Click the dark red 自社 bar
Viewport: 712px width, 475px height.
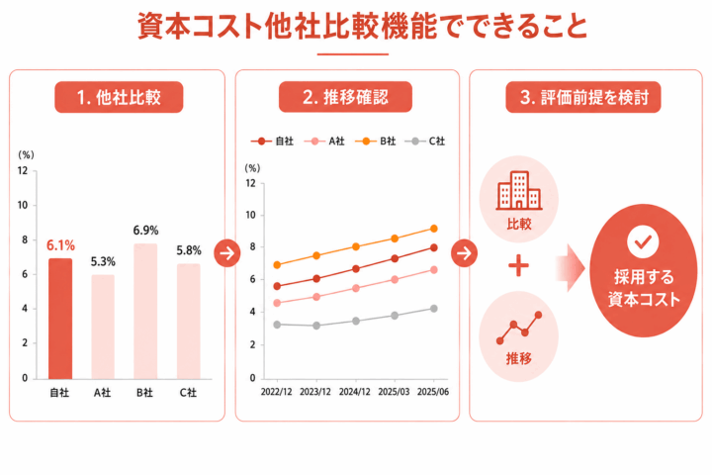point(60,319)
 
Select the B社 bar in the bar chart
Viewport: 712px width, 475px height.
point(145,312)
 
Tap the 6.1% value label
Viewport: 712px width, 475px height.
point(61,245)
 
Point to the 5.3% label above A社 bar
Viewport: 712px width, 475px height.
point(103,261)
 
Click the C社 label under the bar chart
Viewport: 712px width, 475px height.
point(188,392)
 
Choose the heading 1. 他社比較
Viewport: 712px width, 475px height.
point(119,97)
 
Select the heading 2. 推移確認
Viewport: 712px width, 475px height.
point(345,97)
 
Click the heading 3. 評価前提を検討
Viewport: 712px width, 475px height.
point(583,97)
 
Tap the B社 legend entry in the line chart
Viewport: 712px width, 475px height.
point(376,142)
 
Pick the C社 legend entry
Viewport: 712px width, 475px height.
point(425,142)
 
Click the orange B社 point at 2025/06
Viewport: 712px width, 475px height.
point(434,229)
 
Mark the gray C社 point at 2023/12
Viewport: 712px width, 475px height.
point(316,326)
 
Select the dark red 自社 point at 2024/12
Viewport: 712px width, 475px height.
point(356,269)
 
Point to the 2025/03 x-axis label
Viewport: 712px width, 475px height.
point(394,392)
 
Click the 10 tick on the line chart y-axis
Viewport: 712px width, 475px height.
point(250,215)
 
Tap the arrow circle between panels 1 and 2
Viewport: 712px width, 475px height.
point(227,253)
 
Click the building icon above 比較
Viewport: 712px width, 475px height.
point(518,190)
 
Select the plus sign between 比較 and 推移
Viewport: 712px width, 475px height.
point(518,266)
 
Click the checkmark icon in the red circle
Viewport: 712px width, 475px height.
point(643,241)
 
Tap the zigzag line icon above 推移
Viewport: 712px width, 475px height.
point(519,328)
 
